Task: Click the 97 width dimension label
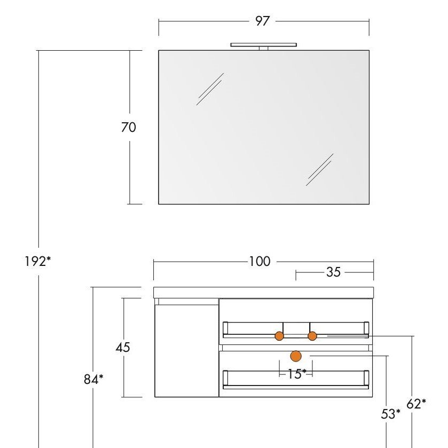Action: tap(262, 21)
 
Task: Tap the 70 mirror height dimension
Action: tap(128, 127)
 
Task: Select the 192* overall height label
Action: tap(37, 262)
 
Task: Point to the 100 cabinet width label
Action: tap(260, 262)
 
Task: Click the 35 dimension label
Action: tap(333, 272)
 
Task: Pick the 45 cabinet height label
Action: tap(123, 348)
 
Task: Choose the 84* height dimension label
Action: tap(93, 380)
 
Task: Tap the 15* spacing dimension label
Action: tap(296, 374)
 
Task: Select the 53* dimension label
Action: tap(390, 414)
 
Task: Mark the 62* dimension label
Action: tap(416, 404)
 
